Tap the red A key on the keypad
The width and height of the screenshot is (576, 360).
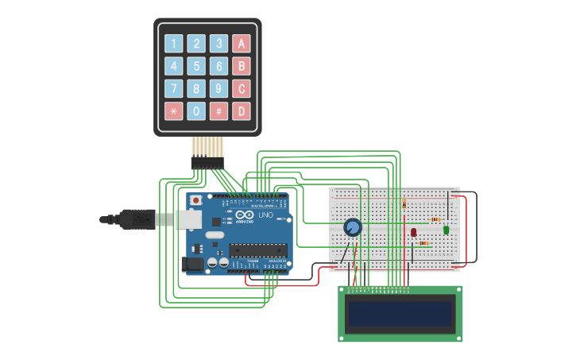tap(242, 44)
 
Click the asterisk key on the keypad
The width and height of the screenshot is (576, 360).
tap(173, 111)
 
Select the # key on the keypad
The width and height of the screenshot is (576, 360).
tap(218, 111)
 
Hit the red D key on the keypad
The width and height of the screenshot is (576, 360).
tap(242, 111)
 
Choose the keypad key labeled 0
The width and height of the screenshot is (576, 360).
tap(196, 111)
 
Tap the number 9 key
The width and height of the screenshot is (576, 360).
tap(218, 88)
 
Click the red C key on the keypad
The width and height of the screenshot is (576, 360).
tap(242, 88)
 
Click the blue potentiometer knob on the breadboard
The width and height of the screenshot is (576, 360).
tap(353, 228)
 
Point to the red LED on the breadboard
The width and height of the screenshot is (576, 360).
tap(413, 232)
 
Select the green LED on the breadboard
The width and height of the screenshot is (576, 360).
tap(446, 230)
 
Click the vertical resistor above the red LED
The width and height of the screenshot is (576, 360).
tap(404, 204)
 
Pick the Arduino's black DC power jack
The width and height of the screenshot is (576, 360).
tap(192, 264)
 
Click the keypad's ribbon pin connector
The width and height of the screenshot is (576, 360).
tap(207, 161)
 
